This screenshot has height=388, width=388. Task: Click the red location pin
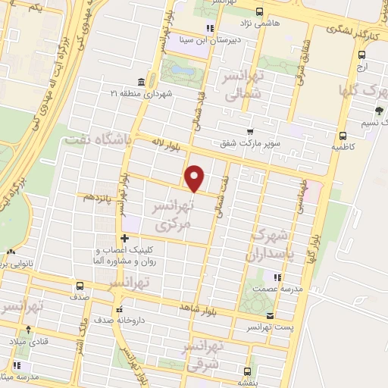pyautogui.click(x=195, y=178)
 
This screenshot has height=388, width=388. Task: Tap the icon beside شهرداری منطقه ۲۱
pyautogui.click(x=142, y=82)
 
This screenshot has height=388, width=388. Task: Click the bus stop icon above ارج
pyautogui.click(x=361, y=55)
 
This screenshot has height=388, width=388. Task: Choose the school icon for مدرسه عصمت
pyautogui.click(x=277, y=277)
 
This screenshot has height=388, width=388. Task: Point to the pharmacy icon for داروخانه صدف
pyautogui.click(x=118, y=310)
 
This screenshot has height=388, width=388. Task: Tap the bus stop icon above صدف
pyautogui.click(x=79, y=286)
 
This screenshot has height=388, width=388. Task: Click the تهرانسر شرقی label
pyautogui.click(x=203, y=356)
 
